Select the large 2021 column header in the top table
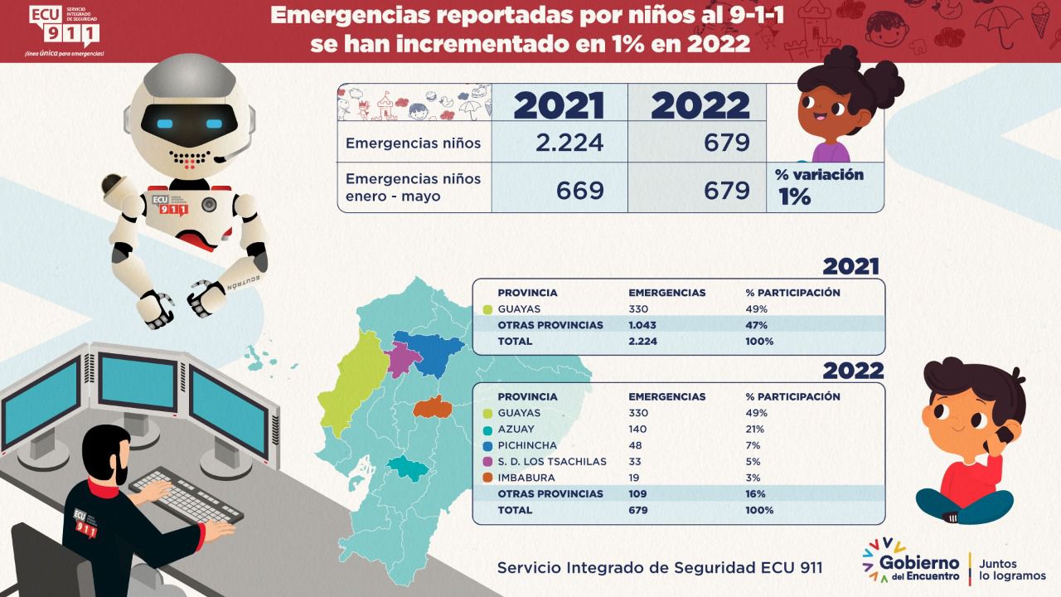coord(559,105)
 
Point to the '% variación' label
coord(819,175)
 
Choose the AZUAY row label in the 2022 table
coord(516,429)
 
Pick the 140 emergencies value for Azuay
coord(639,429)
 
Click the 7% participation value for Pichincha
coord(754,445)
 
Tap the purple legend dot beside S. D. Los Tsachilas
coord(487,462)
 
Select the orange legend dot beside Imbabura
coord(487,478)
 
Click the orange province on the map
coord(431,407)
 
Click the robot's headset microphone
coord(219,158)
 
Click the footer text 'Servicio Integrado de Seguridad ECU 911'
coord(660,568)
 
